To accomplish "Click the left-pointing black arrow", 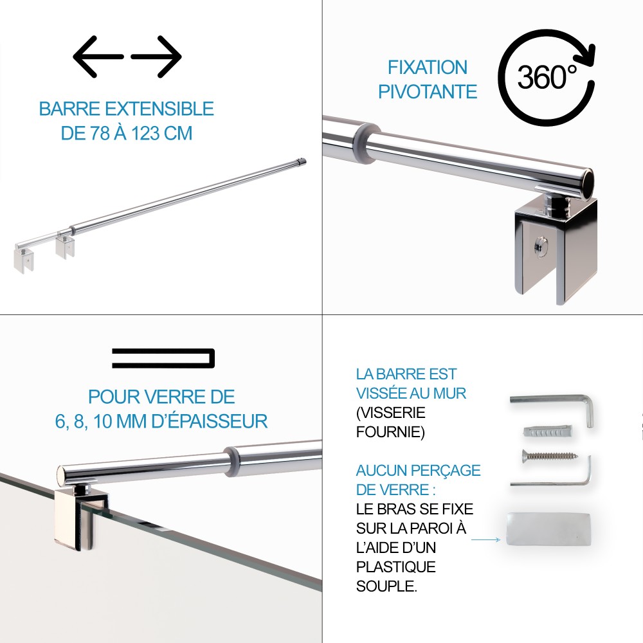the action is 98,57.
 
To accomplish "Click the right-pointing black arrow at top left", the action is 157,57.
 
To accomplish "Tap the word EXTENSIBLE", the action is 160,109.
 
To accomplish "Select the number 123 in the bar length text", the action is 145,133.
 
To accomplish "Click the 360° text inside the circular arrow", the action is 547,77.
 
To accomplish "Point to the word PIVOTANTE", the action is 428,91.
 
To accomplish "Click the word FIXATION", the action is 428,68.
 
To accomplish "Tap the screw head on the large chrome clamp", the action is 540,247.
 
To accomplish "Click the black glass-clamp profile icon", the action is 163,358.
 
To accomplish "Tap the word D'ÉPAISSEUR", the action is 210,422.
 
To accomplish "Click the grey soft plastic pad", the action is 548,529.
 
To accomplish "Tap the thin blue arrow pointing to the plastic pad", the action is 485,539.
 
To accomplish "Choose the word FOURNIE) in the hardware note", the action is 390,432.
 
